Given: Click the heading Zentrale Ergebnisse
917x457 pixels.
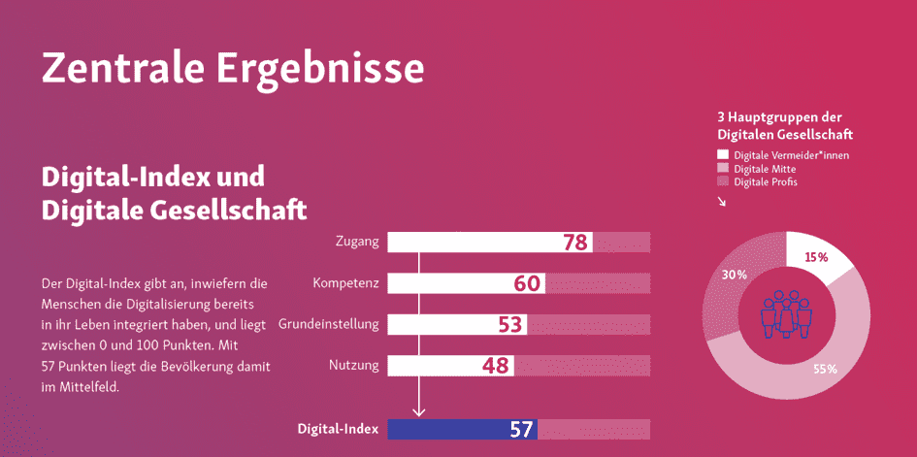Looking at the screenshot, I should [x=233, y=69].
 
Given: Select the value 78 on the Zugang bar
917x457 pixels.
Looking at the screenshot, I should [x=575, y=243].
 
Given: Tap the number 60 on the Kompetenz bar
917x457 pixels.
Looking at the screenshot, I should [x=527, y=283].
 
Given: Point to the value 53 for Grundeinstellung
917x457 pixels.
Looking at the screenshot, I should [x=510, y=324].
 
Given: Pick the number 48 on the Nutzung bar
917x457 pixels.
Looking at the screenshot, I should [x=496, y=365].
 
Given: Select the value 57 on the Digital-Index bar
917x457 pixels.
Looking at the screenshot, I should [x=521, y=429].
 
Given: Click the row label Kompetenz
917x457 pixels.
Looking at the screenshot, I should [x=345, y=283].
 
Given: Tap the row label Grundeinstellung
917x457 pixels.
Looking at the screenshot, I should [x=329, y=323].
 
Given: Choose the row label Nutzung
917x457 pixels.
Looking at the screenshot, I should [x=353, y=365].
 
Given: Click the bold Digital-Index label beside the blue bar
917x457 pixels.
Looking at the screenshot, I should [x=338, y=429].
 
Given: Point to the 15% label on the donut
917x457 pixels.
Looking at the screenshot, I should [x=815, y=258].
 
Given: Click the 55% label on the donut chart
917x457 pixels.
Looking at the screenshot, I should [x=825, y=369].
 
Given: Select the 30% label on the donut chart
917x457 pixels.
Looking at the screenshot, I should [x=735, y=275].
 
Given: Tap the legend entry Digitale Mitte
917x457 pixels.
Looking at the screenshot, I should [x=765, y=169].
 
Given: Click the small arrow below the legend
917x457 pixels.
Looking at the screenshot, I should [x=721, y=202].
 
